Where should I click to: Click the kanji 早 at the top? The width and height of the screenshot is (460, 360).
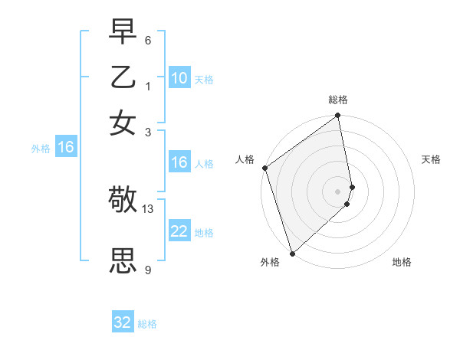coord(123,33)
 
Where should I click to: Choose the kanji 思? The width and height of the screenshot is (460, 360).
coord(123,261)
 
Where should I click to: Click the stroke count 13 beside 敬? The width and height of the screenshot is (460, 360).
coord(148,208)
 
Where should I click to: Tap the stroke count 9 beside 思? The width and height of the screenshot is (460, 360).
coord(148,270)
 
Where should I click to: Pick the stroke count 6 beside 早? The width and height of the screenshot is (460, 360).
coord(147,41)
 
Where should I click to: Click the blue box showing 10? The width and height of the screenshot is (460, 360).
coord(179,78)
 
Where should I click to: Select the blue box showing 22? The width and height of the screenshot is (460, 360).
coord(179,231)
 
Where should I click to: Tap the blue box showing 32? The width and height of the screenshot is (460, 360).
coord(123,322)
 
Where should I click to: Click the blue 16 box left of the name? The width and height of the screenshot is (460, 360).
coord(65,148)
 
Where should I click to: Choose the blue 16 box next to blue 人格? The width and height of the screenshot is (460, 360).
coord(179,162)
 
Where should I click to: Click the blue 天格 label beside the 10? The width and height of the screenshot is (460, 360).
coord(204,79)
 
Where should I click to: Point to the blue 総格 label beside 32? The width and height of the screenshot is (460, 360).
coord(147,324)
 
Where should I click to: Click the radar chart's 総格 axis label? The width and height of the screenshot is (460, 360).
coord(338,100)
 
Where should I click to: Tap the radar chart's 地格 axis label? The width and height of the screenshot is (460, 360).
coord(402,262)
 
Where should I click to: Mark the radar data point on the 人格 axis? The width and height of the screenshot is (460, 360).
coord(264,168)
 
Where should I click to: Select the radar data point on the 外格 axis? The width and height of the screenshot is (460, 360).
coord(292,253)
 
